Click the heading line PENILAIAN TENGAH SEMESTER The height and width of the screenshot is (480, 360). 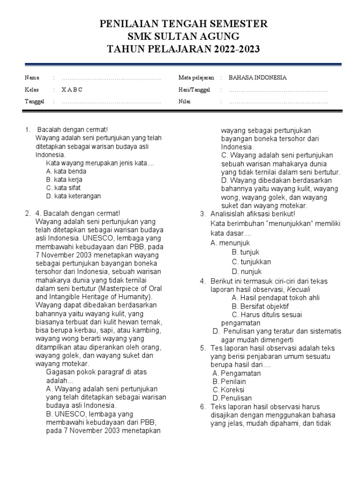tap(183, 24)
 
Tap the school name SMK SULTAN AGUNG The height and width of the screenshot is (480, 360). tap(183, 37)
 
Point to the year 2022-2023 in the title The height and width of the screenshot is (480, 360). tap(229, 49)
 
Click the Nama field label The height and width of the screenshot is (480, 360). tap(32, 77)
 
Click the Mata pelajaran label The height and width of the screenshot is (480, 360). tap(196, 77)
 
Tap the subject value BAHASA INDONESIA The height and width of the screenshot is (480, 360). tap(257, 77)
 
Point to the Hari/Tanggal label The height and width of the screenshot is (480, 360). tap(195, 90)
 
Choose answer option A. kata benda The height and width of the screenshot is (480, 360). tap(66, 171)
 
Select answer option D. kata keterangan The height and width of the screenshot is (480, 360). tap(74, 196)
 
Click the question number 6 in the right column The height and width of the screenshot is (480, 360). tap(202, 406)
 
